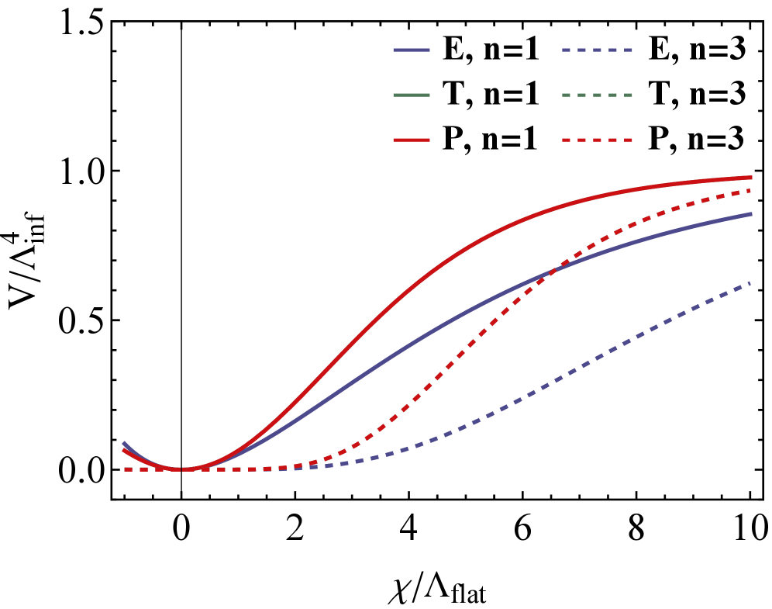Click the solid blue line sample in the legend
tap(412, 50)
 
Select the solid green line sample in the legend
tap(412, 95)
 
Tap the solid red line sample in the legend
tap(412, 140)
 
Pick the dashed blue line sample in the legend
tap(597, 50)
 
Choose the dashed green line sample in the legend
tap(597, 95)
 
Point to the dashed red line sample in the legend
tap(597, 140)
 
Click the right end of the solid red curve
tap(752, 178)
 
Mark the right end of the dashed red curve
tap(750, 190)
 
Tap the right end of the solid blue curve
tap(752, 213)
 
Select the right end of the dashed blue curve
tap(750, 283)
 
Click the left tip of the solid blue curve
tap(124, 443)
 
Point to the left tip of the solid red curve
tap(123, 450)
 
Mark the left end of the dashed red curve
tap(126, 469)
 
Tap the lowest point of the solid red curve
tap(181, 469)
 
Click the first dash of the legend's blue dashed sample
tap(567, 50)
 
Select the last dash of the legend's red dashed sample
tap(628, 140)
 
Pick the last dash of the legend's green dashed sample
tap(628, 95)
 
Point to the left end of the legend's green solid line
tap(395, 95)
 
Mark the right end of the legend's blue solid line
tap(429, 50)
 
